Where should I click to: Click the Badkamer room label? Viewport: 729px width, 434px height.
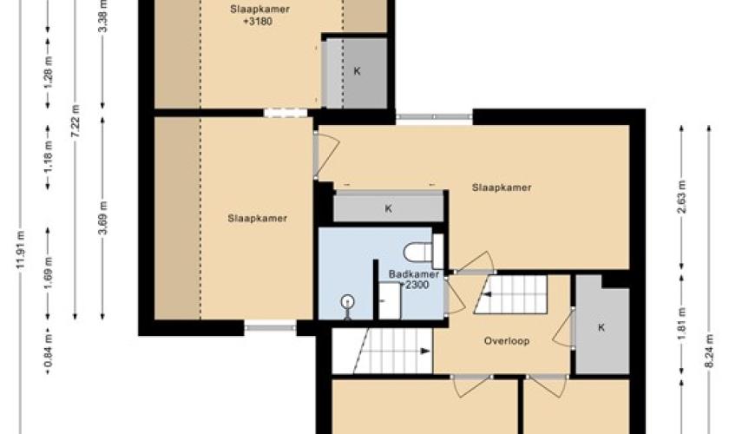click(x=414, y=274)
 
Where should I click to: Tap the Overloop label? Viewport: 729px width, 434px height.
click(x=506, y=341)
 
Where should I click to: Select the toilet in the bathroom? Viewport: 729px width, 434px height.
click(x=423, y=252)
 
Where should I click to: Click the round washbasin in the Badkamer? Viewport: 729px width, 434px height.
click(x=347, y=303)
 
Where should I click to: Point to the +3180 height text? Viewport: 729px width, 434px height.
click(x=258, y=22)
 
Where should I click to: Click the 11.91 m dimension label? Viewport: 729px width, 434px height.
click(x=21, y=250)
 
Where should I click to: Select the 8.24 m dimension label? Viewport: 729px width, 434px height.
click(x=710, y=352)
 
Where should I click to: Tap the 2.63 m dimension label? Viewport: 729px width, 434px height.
click(x=682, y=197)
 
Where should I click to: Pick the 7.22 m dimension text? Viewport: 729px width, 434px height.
click(x=76, y=121)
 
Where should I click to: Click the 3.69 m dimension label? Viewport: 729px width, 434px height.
click(x=103, y=218)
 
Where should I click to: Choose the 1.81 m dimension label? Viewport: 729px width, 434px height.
click(x=682, y=324)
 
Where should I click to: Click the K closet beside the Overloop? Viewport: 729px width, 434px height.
click(x=601, y=327)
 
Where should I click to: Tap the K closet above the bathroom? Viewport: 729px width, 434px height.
click(x=388, y=208)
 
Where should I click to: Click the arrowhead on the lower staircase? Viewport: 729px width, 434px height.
click(x=425, y=352)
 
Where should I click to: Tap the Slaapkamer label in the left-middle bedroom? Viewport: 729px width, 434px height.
click(x=257, y=218)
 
